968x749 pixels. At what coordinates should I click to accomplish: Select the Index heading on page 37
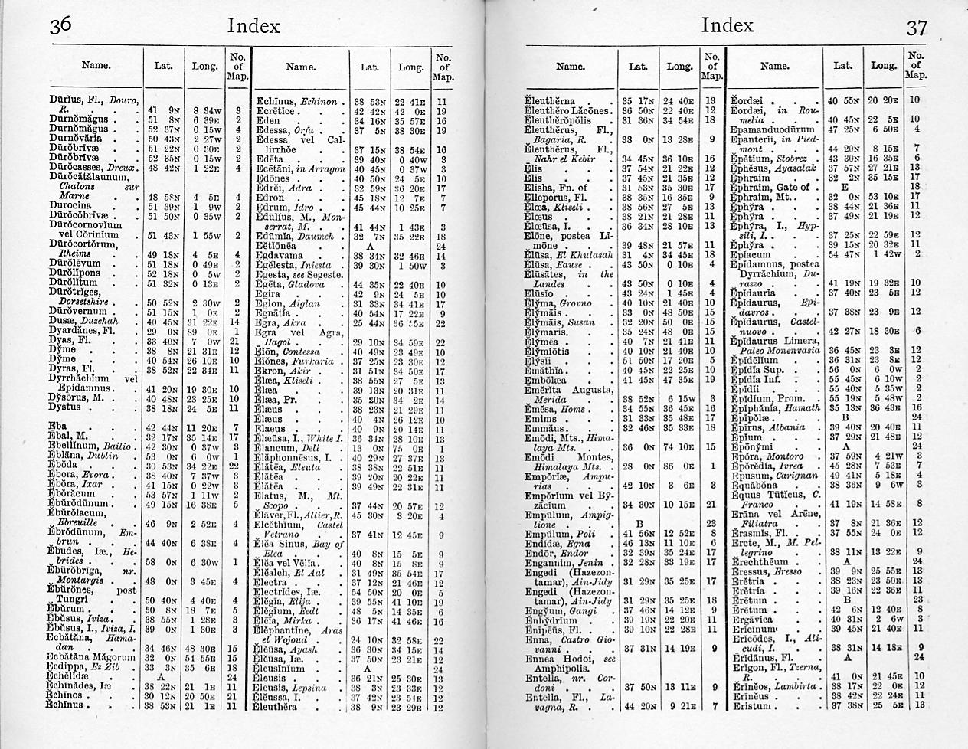(727, 25)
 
